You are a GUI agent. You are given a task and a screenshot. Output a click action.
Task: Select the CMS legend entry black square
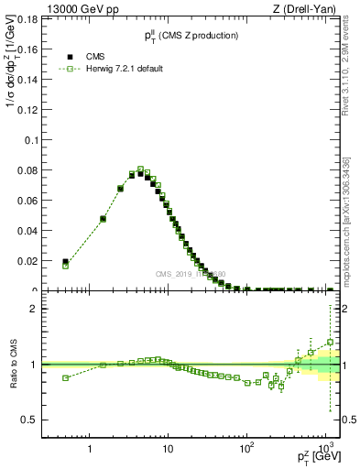pos(66,57)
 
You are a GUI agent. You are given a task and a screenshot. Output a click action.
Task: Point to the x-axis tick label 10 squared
pos(245,450)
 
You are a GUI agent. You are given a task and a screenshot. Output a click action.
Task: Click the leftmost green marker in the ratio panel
pos(65,377)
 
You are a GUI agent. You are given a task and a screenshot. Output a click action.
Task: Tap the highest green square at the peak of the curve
pos(141,169)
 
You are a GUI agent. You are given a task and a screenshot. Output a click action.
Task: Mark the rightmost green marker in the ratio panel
pos(330,343)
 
